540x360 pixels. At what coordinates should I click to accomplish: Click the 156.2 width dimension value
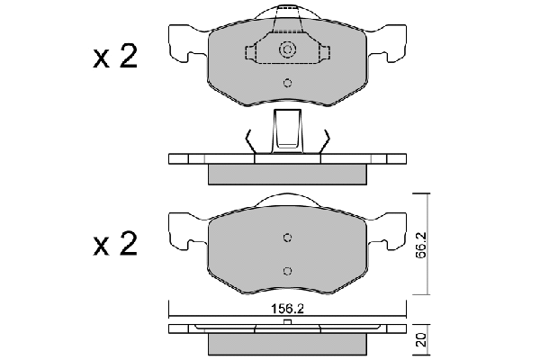click(x=288, y=309)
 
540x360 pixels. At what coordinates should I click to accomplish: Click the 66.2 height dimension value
click(x=421, y=245)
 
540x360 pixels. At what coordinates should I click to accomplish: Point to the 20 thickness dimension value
click(x=421, y=340)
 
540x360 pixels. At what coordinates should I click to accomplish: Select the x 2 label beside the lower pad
click(x=115, y=244)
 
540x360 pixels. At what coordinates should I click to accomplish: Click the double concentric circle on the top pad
click(x=287, y=49)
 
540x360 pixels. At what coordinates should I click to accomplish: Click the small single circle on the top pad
click(x=287, y=83)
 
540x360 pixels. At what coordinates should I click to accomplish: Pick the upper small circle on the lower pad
click(x=287, y=238)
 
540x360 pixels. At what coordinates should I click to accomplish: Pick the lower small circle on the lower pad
click(x=287, y=271)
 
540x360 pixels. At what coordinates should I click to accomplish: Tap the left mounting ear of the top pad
click(x=186, y=43)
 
